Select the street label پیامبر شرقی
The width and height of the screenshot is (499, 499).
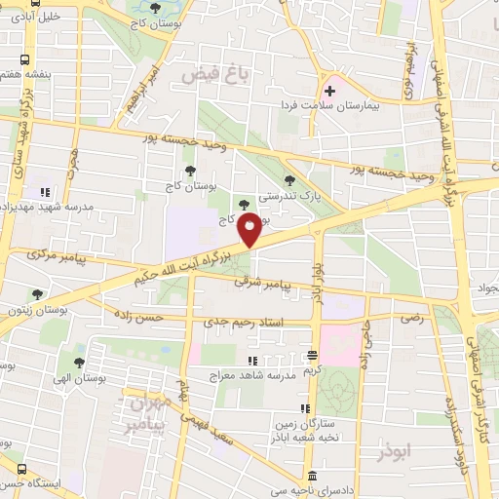tap(263, 284)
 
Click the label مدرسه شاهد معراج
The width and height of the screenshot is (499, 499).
tap(250, 373)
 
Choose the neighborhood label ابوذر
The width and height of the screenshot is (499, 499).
tap(396, 453)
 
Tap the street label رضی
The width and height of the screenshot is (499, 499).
tap(408, 317)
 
